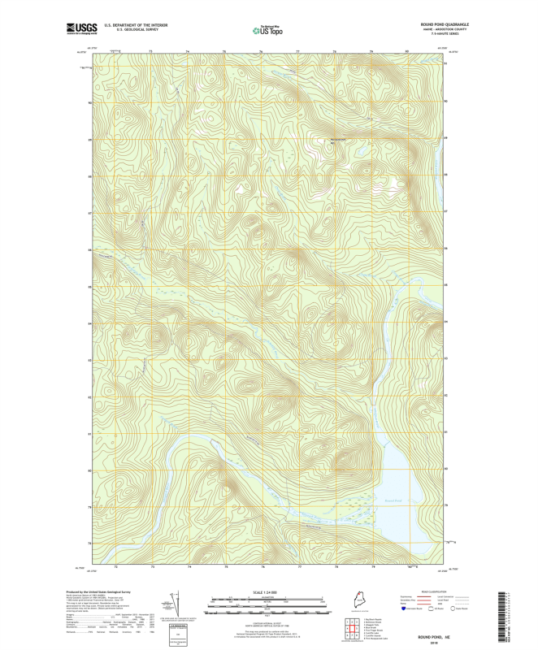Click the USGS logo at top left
81,29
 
